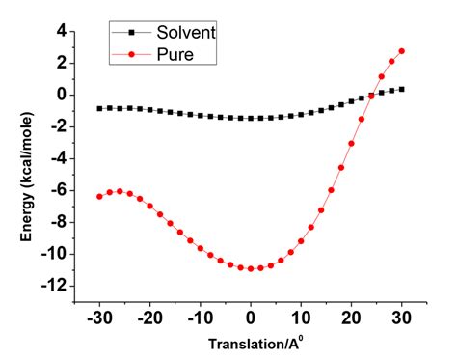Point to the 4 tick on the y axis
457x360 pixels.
60,31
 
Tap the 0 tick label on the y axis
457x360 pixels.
60,95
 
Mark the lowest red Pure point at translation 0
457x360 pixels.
251,268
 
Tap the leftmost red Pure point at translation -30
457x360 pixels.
99,196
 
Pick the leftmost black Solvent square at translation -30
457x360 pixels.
99,108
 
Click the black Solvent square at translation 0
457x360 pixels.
251,118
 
